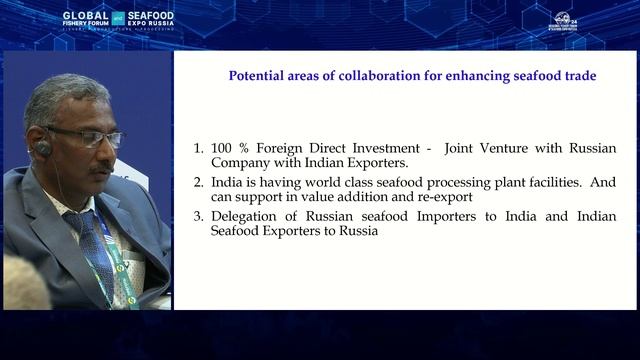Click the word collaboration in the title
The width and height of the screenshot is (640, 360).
coord(374,75)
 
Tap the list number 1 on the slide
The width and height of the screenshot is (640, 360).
coord(197,148)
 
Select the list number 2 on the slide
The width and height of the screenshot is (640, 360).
coord(197,183)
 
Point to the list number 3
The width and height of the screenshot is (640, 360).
coord(197,217)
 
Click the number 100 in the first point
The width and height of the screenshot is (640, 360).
coord(223,148)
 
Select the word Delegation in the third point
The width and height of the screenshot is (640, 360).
coord(244,217)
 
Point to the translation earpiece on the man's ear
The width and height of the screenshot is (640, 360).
coord(43,148)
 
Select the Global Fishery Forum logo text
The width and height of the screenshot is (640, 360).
coord(86,19)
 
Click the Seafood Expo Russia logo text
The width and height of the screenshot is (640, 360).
coord(150,19)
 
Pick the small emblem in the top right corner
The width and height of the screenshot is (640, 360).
coord(564,21)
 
